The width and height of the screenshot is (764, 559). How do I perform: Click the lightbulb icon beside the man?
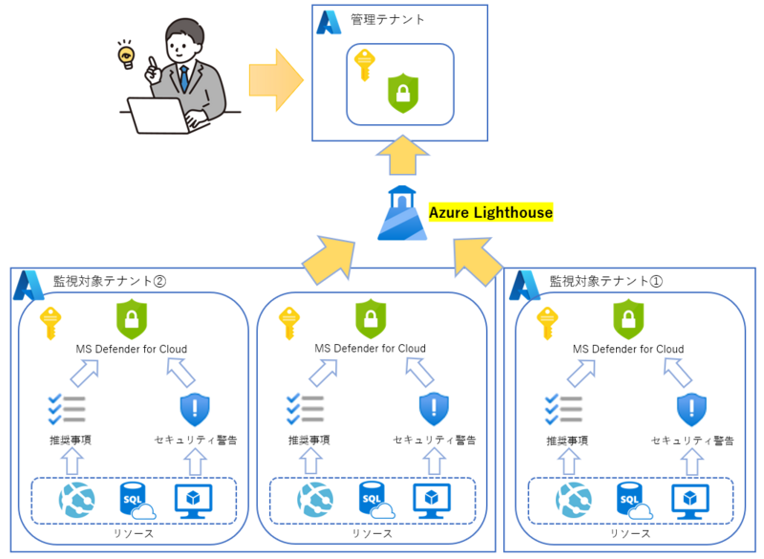click(x=124, y=56)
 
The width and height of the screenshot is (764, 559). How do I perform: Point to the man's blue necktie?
click(x=183, y=77)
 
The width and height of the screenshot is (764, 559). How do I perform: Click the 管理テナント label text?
click(x=388, y=19)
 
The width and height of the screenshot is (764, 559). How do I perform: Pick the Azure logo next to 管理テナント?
click(x=330, y=22)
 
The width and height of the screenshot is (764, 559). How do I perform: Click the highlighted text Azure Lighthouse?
click(x=491, y=212)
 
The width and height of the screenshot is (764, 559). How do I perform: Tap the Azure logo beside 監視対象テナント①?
click(x=526, y=284)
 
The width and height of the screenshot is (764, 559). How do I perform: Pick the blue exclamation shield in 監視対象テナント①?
click(x=692, y=409)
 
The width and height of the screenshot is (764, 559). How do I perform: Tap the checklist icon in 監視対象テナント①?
click(x=563, y=409)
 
